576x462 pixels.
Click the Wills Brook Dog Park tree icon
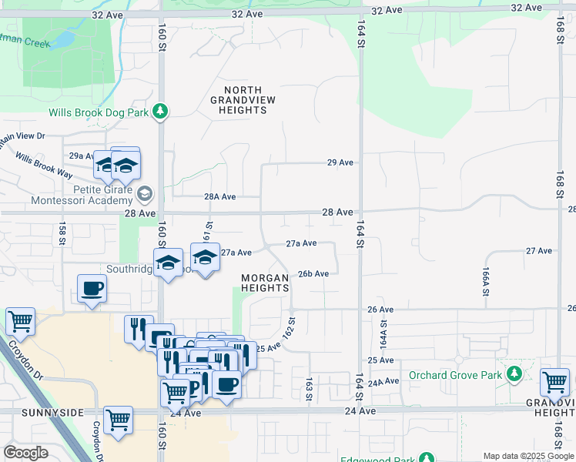point(160,112)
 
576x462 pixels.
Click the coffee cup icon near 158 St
point(92,289)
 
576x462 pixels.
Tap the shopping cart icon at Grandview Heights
point(554,382)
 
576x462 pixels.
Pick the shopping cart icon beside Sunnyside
point(118,420)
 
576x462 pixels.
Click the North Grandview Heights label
point(244,100)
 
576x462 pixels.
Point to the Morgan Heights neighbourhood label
point(265,283)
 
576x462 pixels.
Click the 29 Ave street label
point(340,162)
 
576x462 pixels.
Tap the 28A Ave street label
point(220,196)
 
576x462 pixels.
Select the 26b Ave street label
point(313,273)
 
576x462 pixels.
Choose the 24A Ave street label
point(383,382)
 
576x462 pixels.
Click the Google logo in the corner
point(25,453)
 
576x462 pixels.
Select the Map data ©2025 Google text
point(527,456)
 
